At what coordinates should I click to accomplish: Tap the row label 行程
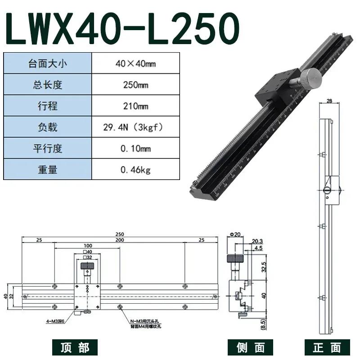[47, 106]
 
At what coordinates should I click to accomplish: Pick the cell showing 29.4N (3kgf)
[135, 128]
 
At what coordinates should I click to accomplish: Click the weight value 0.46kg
[135, 170]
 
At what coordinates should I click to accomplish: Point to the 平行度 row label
[47, 149]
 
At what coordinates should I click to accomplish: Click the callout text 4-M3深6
[57, 321]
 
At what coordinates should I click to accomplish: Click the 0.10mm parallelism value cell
[135, 149]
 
